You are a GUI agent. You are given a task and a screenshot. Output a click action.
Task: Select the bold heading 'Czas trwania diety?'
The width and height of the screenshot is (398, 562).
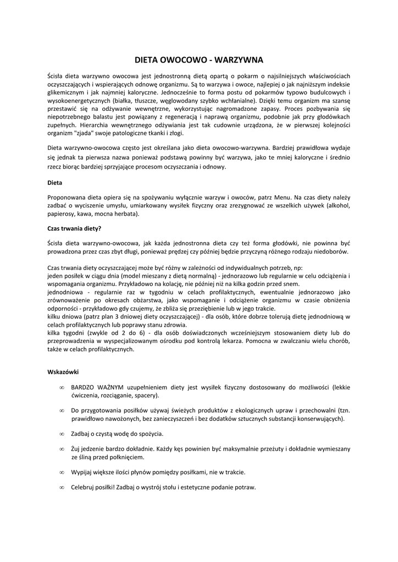pos(74,228)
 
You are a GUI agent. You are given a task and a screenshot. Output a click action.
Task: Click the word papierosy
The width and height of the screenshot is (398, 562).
pos(62,214)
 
